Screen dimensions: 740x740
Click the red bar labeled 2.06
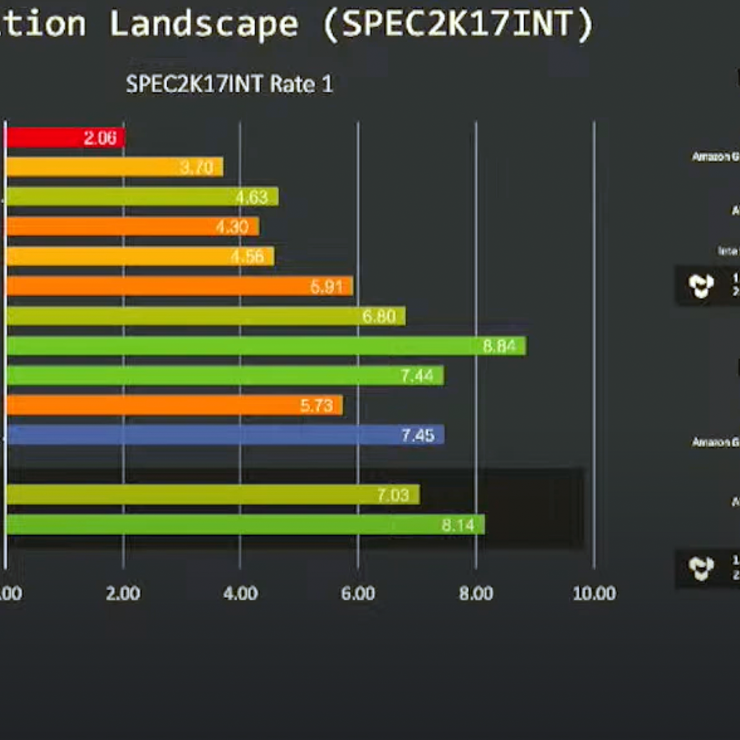coord(65,138)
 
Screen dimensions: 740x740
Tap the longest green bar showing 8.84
coord(266,346)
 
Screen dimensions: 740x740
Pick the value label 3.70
coord(197,168)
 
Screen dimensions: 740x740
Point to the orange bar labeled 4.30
coord(132,227)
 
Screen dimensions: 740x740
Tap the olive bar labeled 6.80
coord(205,316)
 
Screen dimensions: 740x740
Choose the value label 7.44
coord(417,376)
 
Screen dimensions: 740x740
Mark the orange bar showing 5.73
coord(174,406)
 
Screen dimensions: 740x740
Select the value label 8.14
coord(458,525)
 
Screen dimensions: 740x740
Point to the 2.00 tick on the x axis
coord(123,593)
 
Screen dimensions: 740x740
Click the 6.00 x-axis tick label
coord(358,593)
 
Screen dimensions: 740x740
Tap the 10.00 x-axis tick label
coord(594,593)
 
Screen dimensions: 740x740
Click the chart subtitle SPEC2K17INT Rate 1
coord(229,84)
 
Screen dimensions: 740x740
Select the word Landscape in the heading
coord(204,24)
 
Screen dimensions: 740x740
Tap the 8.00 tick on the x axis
coord(476,593)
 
